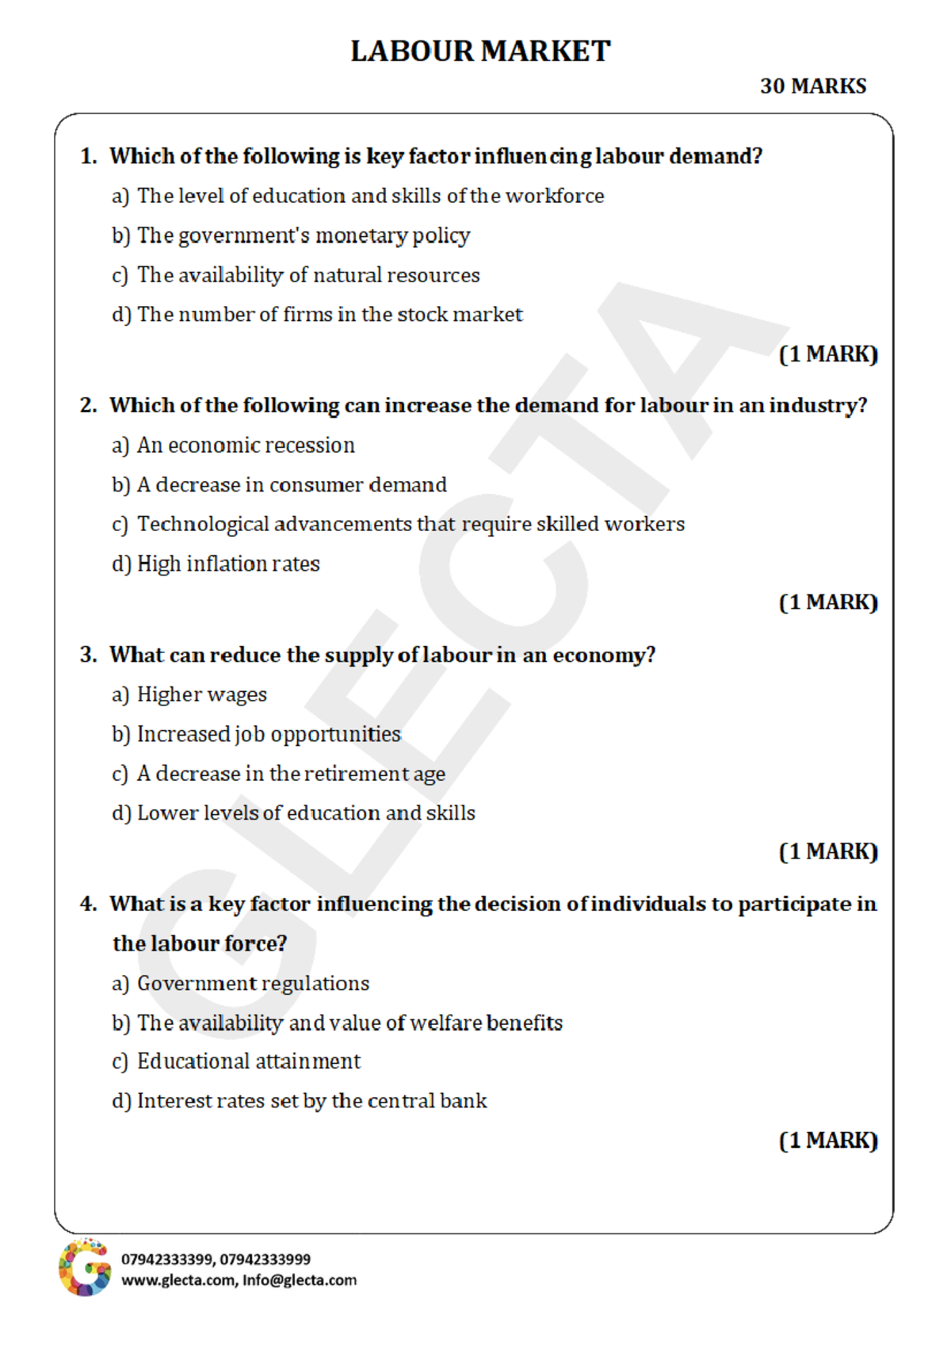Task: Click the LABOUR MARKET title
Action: tap(480, 52)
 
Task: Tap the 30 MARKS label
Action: tap(813, 86)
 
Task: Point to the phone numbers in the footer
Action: tap(216, 1259)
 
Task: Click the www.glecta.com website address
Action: tap(178, 1280)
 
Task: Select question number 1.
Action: tap(88, 156)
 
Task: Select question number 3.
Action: tap(88, 655)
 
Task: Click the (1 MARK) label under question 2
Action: tap(828, 602)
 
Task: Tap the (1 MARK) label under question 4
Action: tap(828, 1141)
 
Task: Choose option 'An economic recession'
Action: tap(246, 445)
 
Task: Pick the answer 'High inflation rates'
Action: tap(228, 564)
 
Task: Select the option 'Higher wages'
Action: tap(202, 694)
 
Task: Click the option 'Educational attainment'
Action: tap(249, 1061)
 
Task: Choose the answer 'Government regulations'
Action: tap(253, 984)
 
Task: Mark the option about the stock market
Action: tap(330, 315)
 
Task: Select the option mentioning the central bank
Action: tap(311, 1101)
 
